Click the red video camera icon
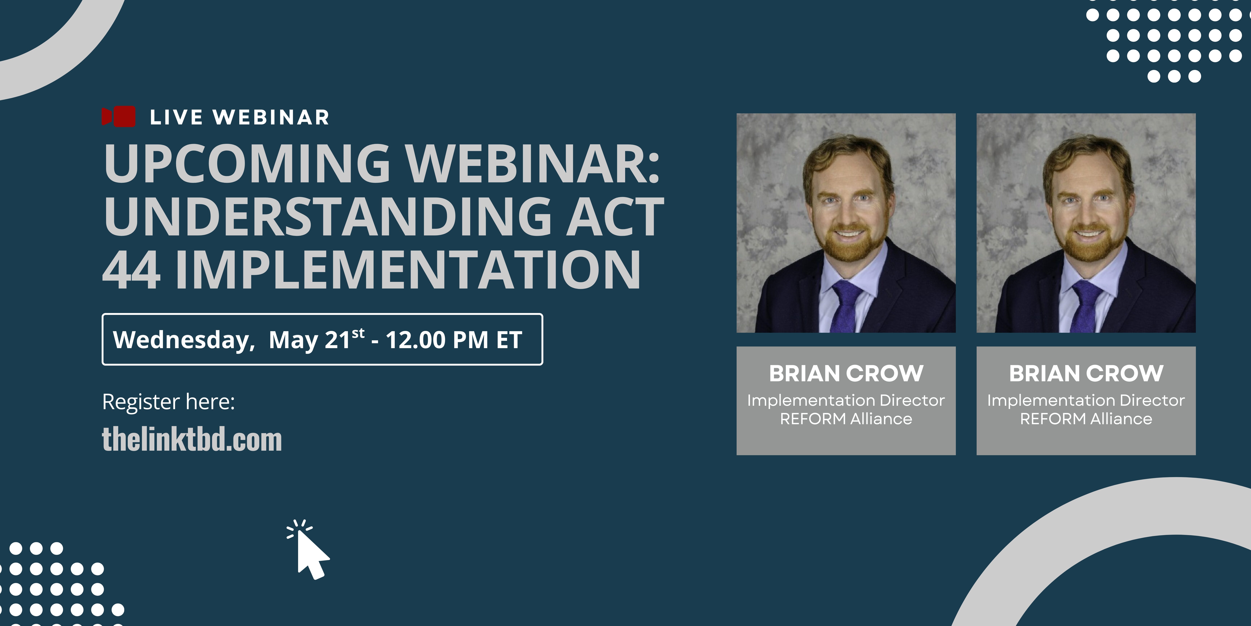119,117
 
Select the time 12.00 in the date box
416,340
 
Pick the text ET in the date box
509,340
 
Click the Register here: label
169,402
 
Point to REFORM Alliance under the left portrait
846,419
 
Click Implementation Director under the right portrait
1086,400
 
